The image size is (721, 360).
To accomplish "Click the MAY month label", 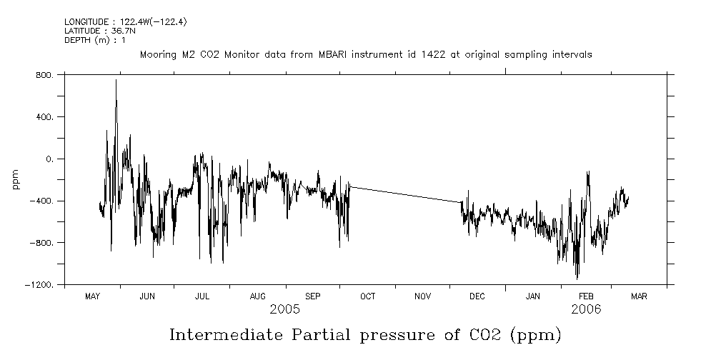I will [x=92, y=296].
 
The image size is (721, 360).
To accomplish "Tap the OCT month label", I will [x=367, y=296].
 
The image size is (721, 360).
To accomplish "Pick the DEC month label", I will [x=477, y=296].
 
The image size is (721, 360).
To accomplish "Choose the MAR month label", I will [x=639, y=296].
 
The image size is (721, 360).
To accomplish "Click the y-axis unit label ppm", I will [x=16, y=179].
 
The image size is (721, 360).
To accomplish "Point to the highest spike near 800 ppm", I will [x=116, y=81].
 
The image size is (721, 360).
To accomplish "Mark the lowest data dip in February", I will [x=577, y=278].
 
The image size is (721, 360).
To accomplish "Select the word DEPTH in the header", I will [x=76, y=40].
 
